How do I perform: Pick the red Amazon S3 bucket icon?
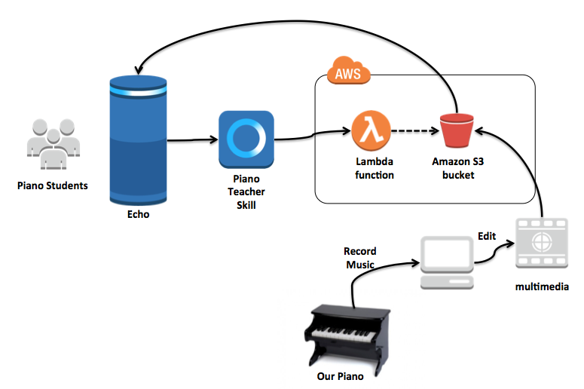coord(456,131)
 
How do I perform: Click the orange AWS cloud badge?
coord(348,74)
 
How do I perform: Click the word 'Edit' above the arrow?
coord(487,236)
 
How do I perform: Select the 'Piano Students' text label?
coord(53,185)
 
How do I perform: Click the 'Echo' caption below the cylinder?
coord(138,214)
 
